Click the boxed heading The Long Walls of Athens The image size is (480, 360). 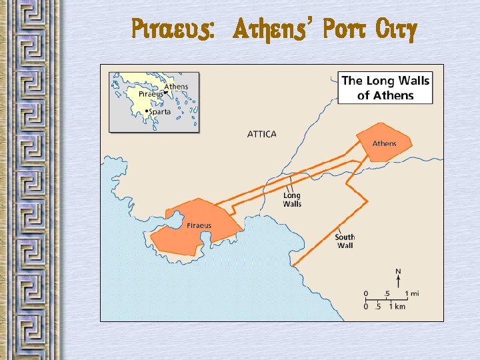[385, 87]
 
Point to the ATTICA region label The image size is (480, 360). [261, 134]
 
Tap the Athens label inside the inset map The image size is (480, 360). [176, 87]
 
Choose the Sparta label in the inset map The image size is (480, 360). [160, 111]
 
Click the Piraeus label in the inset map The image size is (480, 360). [150, 95]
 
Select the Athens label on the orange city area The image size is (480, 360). [384, 144]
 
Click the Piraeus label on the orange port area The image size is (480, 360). [199, 225]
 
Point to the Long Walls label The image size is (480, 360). [292, 199]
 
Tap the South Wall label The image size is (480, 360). [345, 241]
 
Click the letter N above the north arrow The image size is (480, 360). [398, 271]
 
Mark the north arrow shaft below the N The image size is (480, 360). [398, 281]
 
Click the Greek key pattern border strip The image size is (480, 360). [30, 180]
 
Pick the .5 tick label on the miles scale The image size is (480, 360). [386, 293]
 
